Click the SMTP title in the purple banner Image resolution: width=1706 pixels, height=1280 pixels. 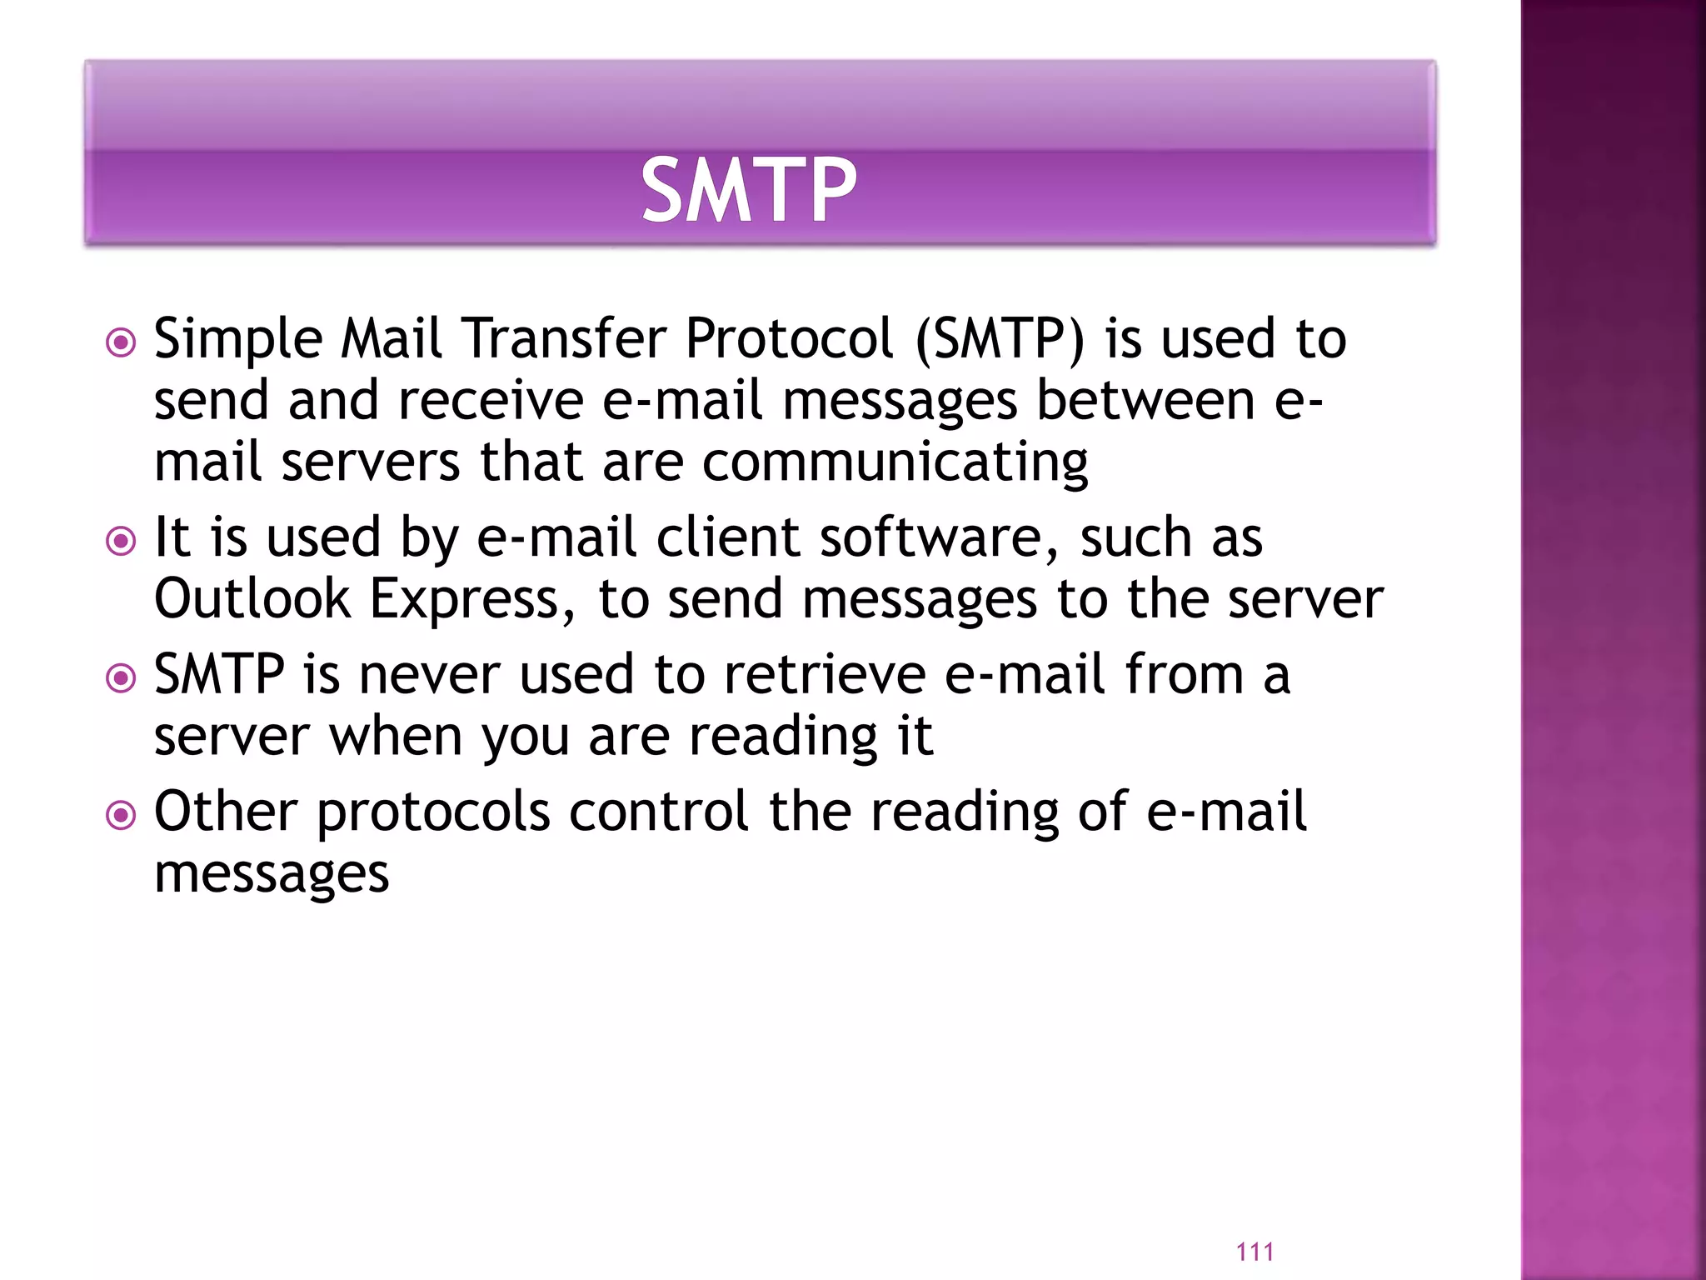tap(748, 191)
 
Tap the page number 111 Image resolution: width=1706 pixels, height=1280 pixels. tap(1255, 1251)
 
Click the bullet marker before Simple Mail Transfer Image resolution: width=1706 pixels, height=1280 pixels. tap(122, 342)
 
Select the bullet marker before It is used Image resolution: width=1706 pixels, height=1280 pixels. tap(122, 542)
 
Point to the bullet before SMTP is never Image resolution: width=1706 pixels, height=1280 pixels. tap(122, 678)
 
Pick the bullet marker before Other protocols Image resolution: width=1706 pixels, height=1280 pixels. tap(122, 815)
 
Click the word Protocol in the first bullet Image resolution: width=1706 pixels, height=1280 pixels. tap(789, 340)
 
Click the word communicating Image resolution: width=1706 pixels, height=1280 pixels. tap(895, 463)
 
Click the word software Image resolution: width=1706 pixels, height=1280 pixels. tap(939, 537)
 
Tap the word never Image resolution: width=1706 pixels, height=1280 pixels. tap(429, 675)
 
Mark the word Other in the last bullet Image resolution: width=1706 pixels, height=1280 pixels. tap(226, 812)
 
